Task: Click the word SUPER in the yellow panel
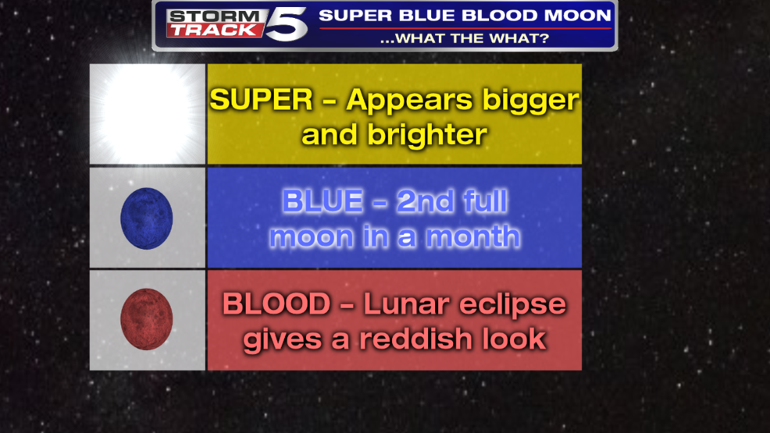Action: tap(262, 100)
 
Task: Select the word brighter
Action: tap(427, 135)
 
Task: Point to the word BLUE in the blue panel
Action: tap(323, 201)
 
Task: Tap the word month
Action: tap(473, 236)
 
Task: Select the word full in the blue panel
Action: tap(484, 201)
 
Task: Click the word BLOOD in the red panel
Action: tap(276, 304)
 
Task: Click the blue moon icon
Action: tap(146, 218)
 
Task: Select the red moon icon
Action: tap(146, 319)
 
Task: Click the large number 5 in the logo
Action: tap(287, 24)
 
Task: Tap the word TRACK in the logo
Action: tap(214, 30)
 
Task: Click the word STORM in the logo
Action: tap(214, 16)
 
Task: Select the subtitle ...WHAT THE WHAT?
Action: tap(465, 38)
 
